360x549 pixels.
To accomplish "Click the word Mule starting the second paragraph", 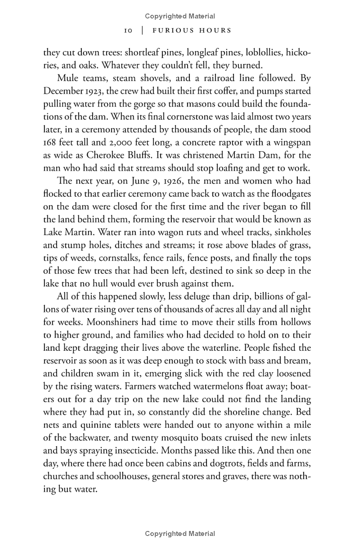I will (68, 78).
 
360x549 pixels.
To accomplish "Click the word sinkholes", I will (293, 232).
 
